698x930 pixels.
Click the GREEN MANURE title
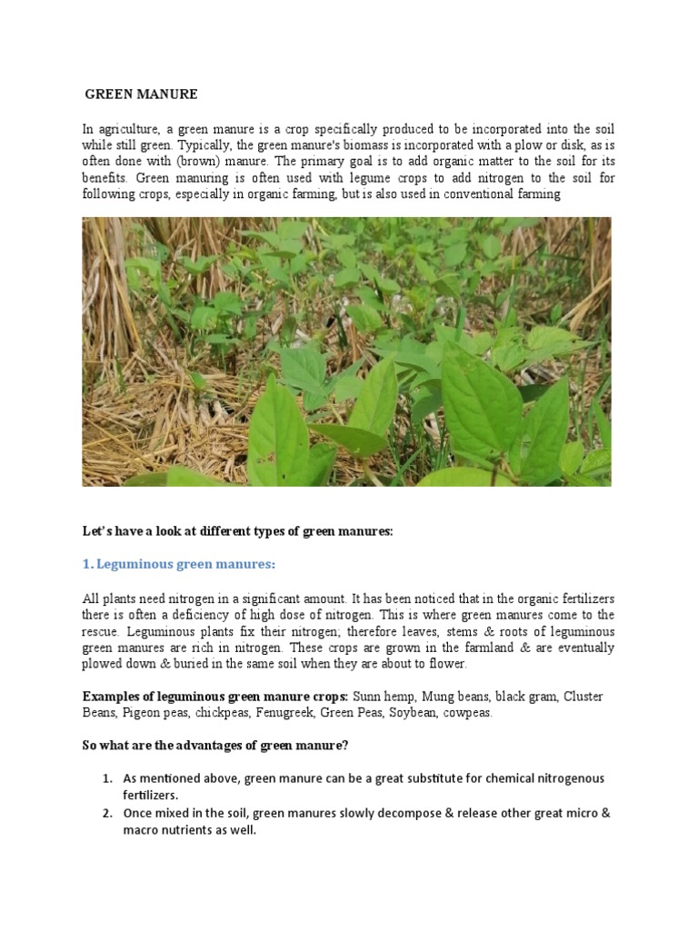pyautogui.click(x=141, y=94)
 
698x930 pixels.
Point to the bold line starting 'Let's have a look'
pyautogui.click(x=237, y=531)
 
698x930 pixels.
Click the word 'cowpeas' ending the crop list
pyautogui.click(x=469, y=713)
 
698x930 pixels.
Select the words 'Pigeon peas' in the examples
pyautogui.click(x=152, y=713)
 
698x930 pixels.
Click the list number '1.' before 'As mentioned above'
pyautogui.click(x=106, y=779)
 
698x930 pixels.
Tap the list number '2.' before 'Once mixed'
pyautogui.click(x=106, y=813)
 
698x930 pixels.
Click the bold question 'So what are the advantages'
pyautogui.click(x=215, y=747)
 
